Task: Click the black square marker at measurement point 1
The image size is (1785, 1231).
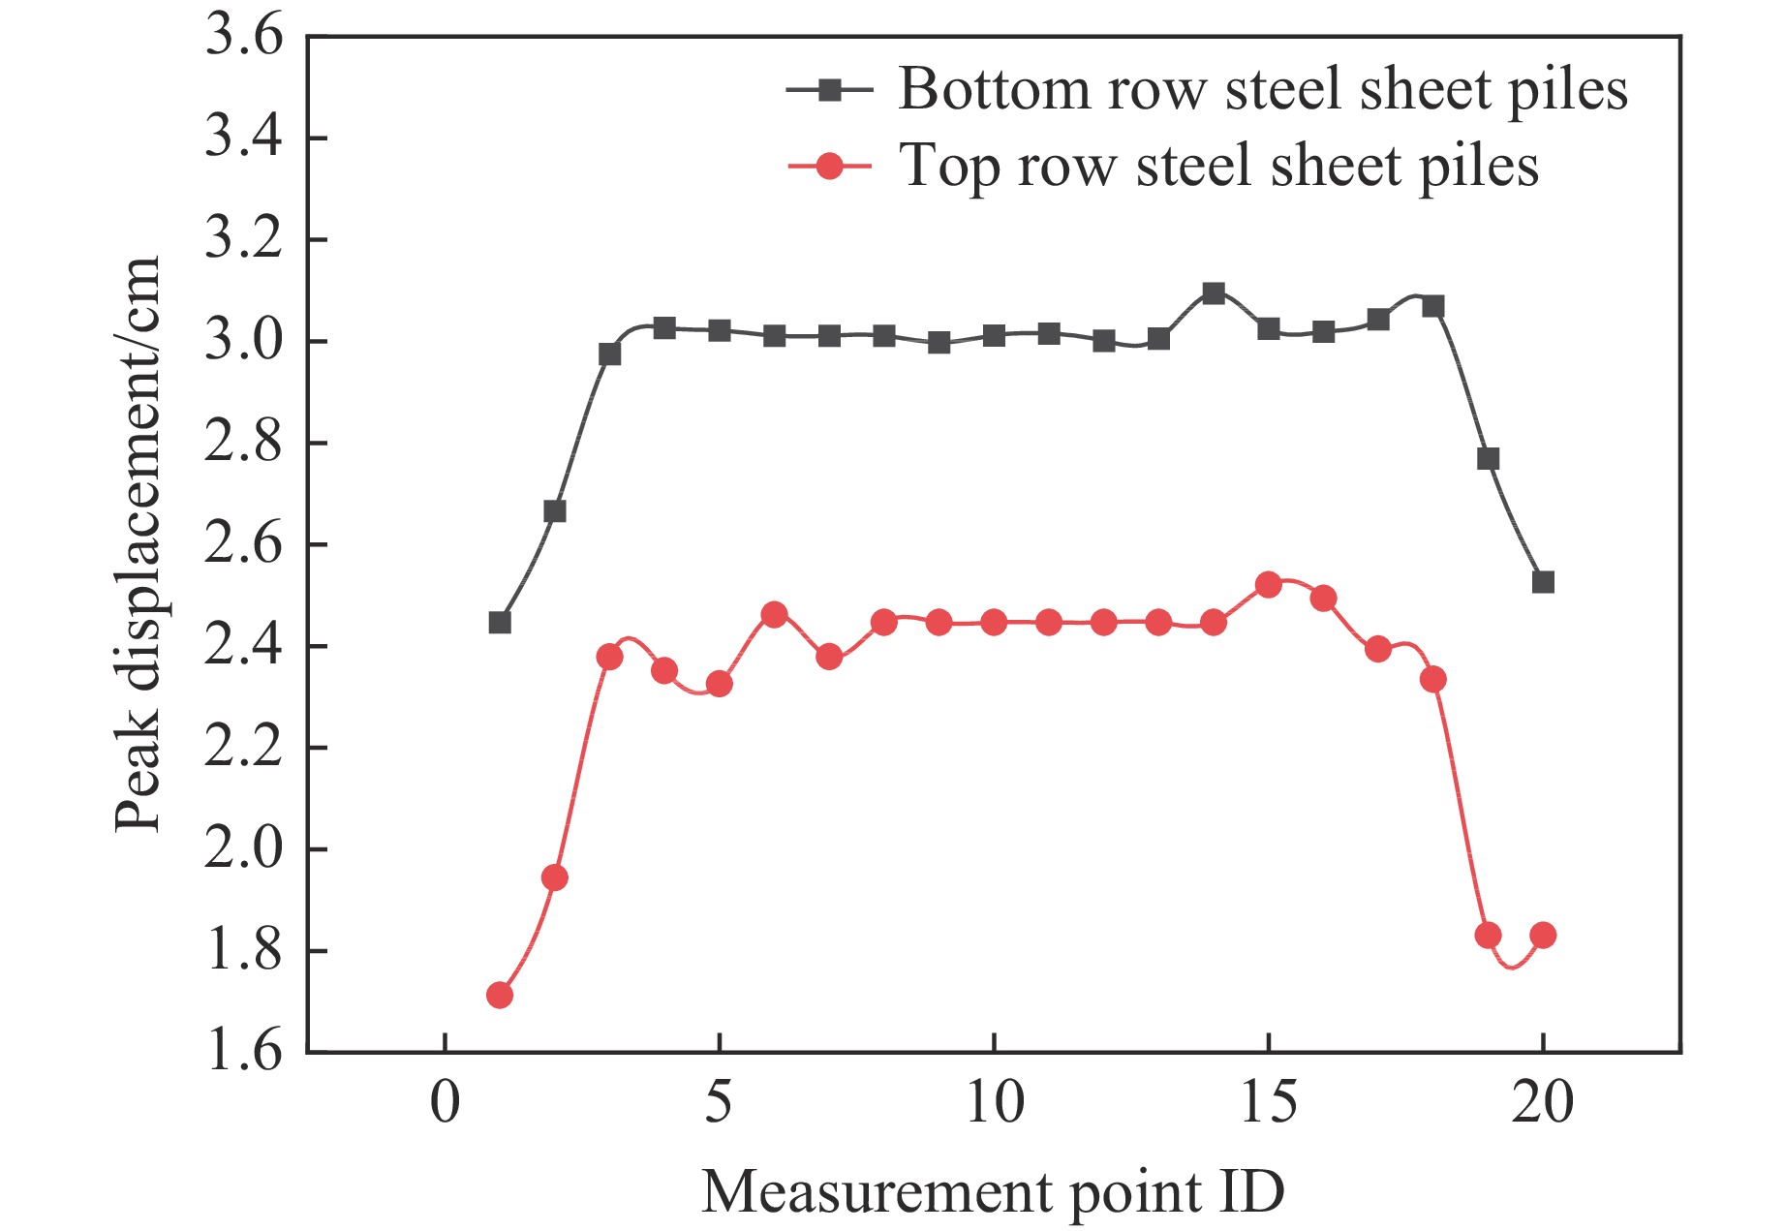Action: coord(500,622)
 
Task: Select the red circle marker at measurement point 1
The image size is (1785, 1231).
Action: coord(500,995)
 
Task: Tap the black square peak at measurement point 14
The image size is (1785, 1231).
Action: coord(1214,293)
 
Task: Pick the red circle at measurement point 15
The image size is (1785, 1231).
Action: coord(1268,585)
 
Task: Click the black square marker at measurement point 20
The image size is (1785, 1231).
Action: coord(1543,582)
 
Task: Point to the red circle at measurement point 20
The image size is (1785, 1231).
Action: coord(1543,936)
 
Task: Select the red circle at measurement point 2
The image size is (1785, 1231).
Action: coord(554,878)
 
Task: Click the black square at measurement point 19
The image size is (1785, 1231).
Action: coord(1488,458)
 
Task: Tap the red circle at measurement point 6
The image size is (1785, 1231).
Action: coord(774,614)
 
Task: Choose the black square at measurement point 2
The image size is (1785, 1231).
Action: coord(554,510)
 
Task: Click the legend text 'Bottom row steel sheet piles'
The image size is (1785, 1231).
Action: coord(1263,90)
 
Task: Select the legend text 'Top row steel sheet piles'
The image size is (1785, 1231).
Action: coord(1218,166)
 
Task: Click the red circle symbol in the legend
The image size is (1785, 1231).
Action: coord(830,166)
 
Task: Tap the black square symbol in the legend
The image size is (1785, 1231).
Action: coord(830,90)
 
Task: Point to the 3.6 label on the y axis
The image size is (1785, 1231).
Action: coord(244,38)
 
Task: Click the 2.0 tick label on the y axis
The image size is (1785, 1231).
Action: coord(244,849)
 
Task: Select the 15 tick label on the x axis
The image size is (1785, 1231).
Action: coord(1268,1102)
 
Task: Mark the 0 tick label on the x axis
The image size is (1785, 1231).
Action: coord(445,1102)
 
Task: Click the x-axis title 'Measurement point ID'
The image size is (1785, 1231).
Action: coord(993,1191)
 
